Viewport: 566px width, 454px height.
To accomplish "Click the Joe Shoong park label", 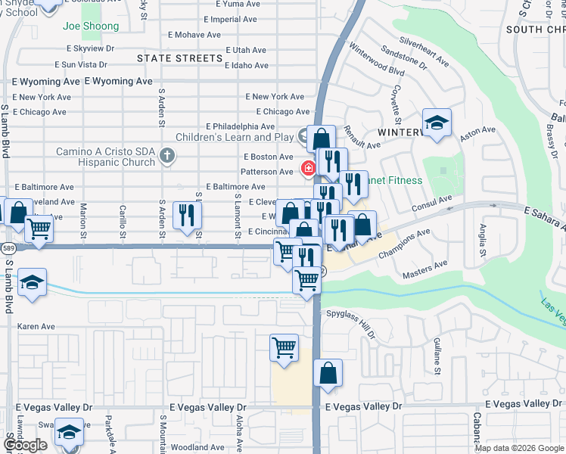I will [91, 26].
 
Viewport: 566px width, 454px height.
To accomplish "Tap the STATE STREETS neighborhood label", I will [180, 58].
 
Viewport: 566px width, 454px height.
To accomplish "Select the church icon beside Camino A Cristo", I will [168, 156].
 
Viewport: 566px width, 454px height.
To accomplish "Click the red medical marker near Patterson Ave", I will [309, 168].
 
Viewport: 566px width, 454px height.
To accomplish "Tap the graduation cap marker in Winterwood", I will [437, 123].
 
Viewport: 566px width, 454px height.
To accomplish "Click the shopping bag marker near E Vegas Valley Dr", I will [328, 373].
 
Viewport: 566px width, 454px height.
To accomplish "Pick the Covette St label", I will [396, 100].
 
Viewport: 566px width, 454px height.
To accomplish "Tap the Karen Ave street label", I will [36, 327].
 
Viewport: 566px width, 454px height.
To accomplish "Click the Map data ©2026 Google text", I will [519, 448].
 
